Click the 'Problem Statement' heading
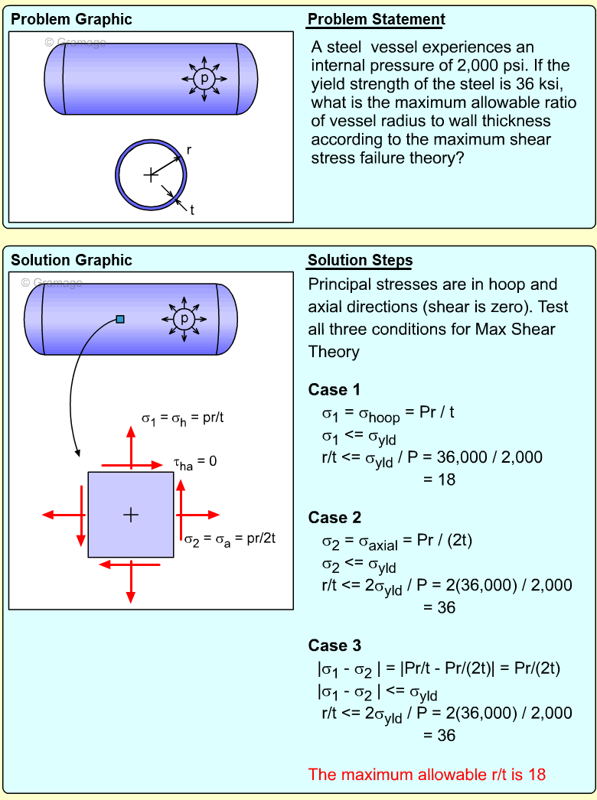tap(376, 20)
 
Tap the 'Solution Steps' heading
tap(360, 261)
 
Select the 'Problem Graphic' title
tap(71, 20)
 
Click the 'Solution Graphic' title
tap(71, 261)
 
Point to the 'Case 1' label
tap(334, 390)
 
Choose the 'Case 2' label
tap(334, 518)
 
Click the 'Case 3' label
tap(334, 646)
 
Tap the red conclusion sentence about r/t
tap(427, 774)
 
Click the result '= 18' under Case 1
tap(439, 480)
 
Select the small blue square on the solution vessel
tap(120, 319)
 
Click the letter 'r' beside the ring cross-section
tap(189, 151)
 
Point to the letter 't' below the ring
tap(191, 210)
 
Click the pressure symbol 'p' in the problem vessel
tap(204, 78)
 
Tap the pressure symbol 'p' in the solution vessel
tap(184, 318)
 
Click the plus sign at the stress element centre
tap(131, 515)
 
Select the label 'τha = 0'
tap(194, 463)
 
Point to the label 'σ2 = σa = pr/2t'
tap(230, 538)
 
